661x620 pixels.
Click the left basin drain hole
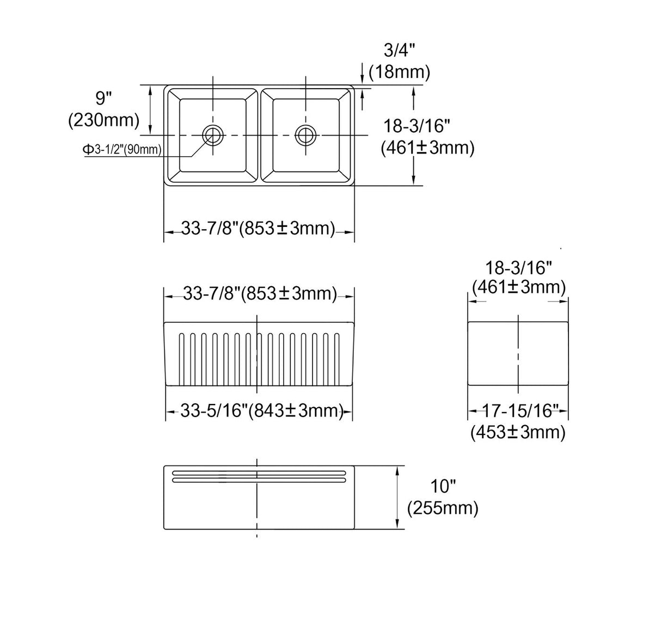click(212, 134)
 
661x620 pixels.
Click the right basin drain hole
click(305, 134)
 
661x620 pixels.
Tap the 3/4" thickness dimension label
click(399, 51)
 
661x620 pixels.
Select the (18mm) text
click(399, 71)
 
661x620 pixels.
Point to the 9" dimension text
click(103, 98)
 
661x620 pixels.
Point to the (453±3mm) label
click(518, 432)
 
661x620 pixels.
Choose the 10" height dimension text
click(443, 487)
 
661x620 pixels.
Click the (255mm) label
click(443, 508)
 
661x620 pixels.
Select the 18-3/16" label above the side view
click(518, 267)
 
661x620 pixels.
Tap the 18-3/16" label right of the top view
click(417, 126)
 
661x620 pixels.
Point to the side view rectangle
click(518, 353)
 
